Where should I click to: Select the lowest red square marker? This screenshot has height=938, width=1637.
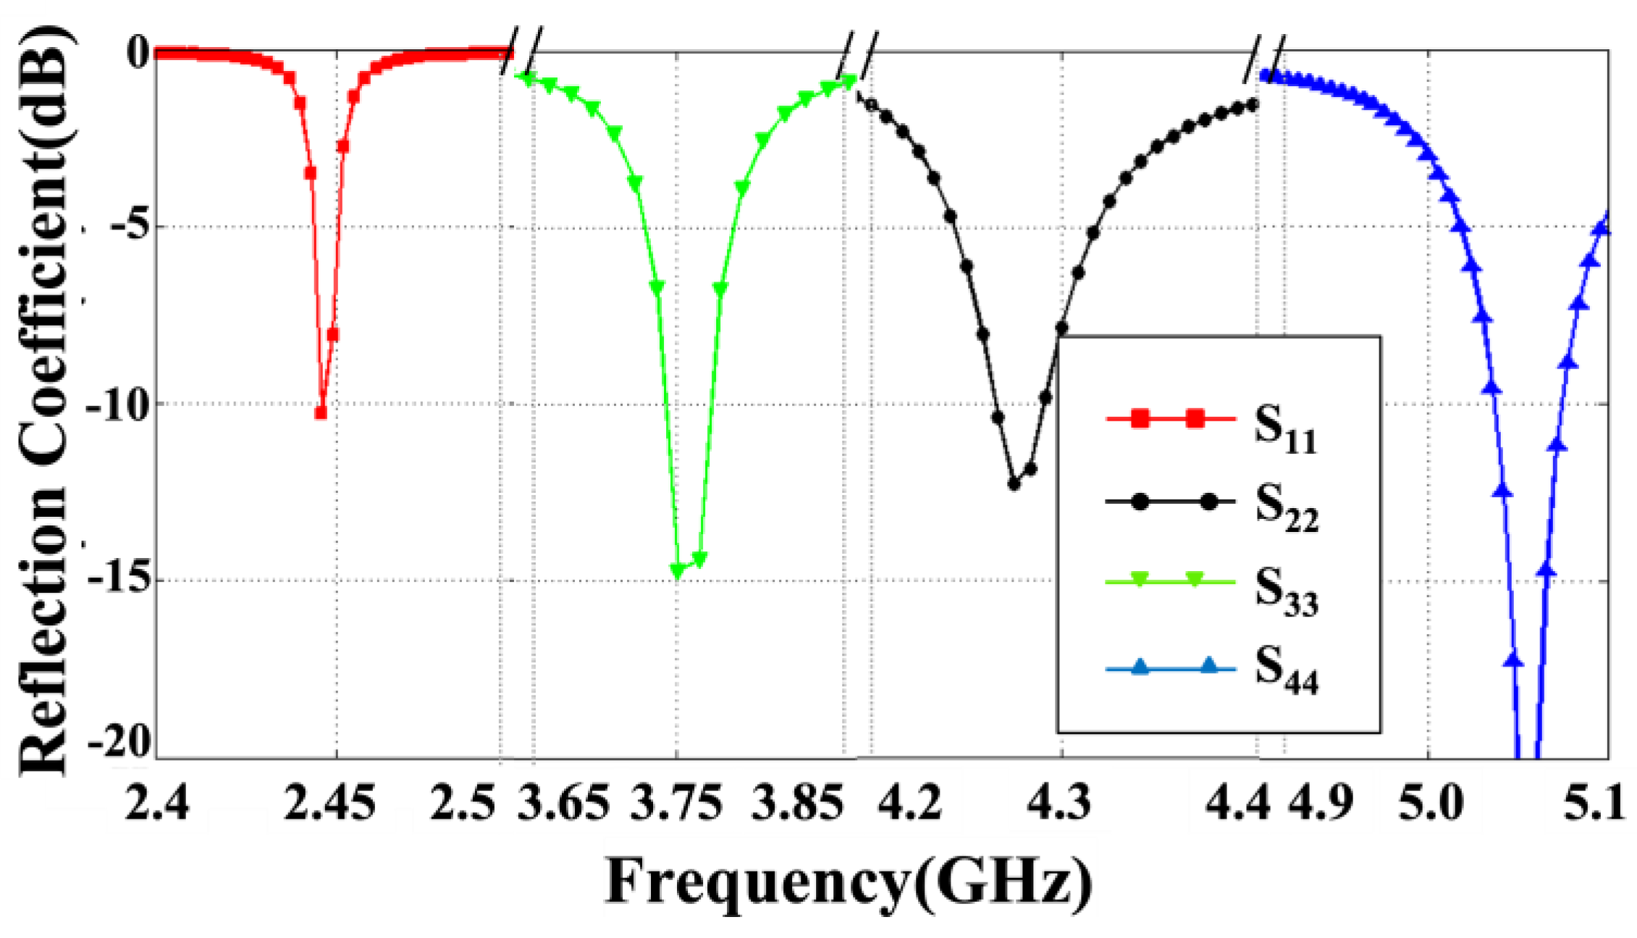tap(321, 413)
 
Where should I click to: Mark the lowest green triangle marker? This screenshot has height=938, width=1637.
tap(678, 571)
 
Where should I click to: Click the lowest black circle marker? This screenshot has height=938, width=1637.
tap(1014, 484)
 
